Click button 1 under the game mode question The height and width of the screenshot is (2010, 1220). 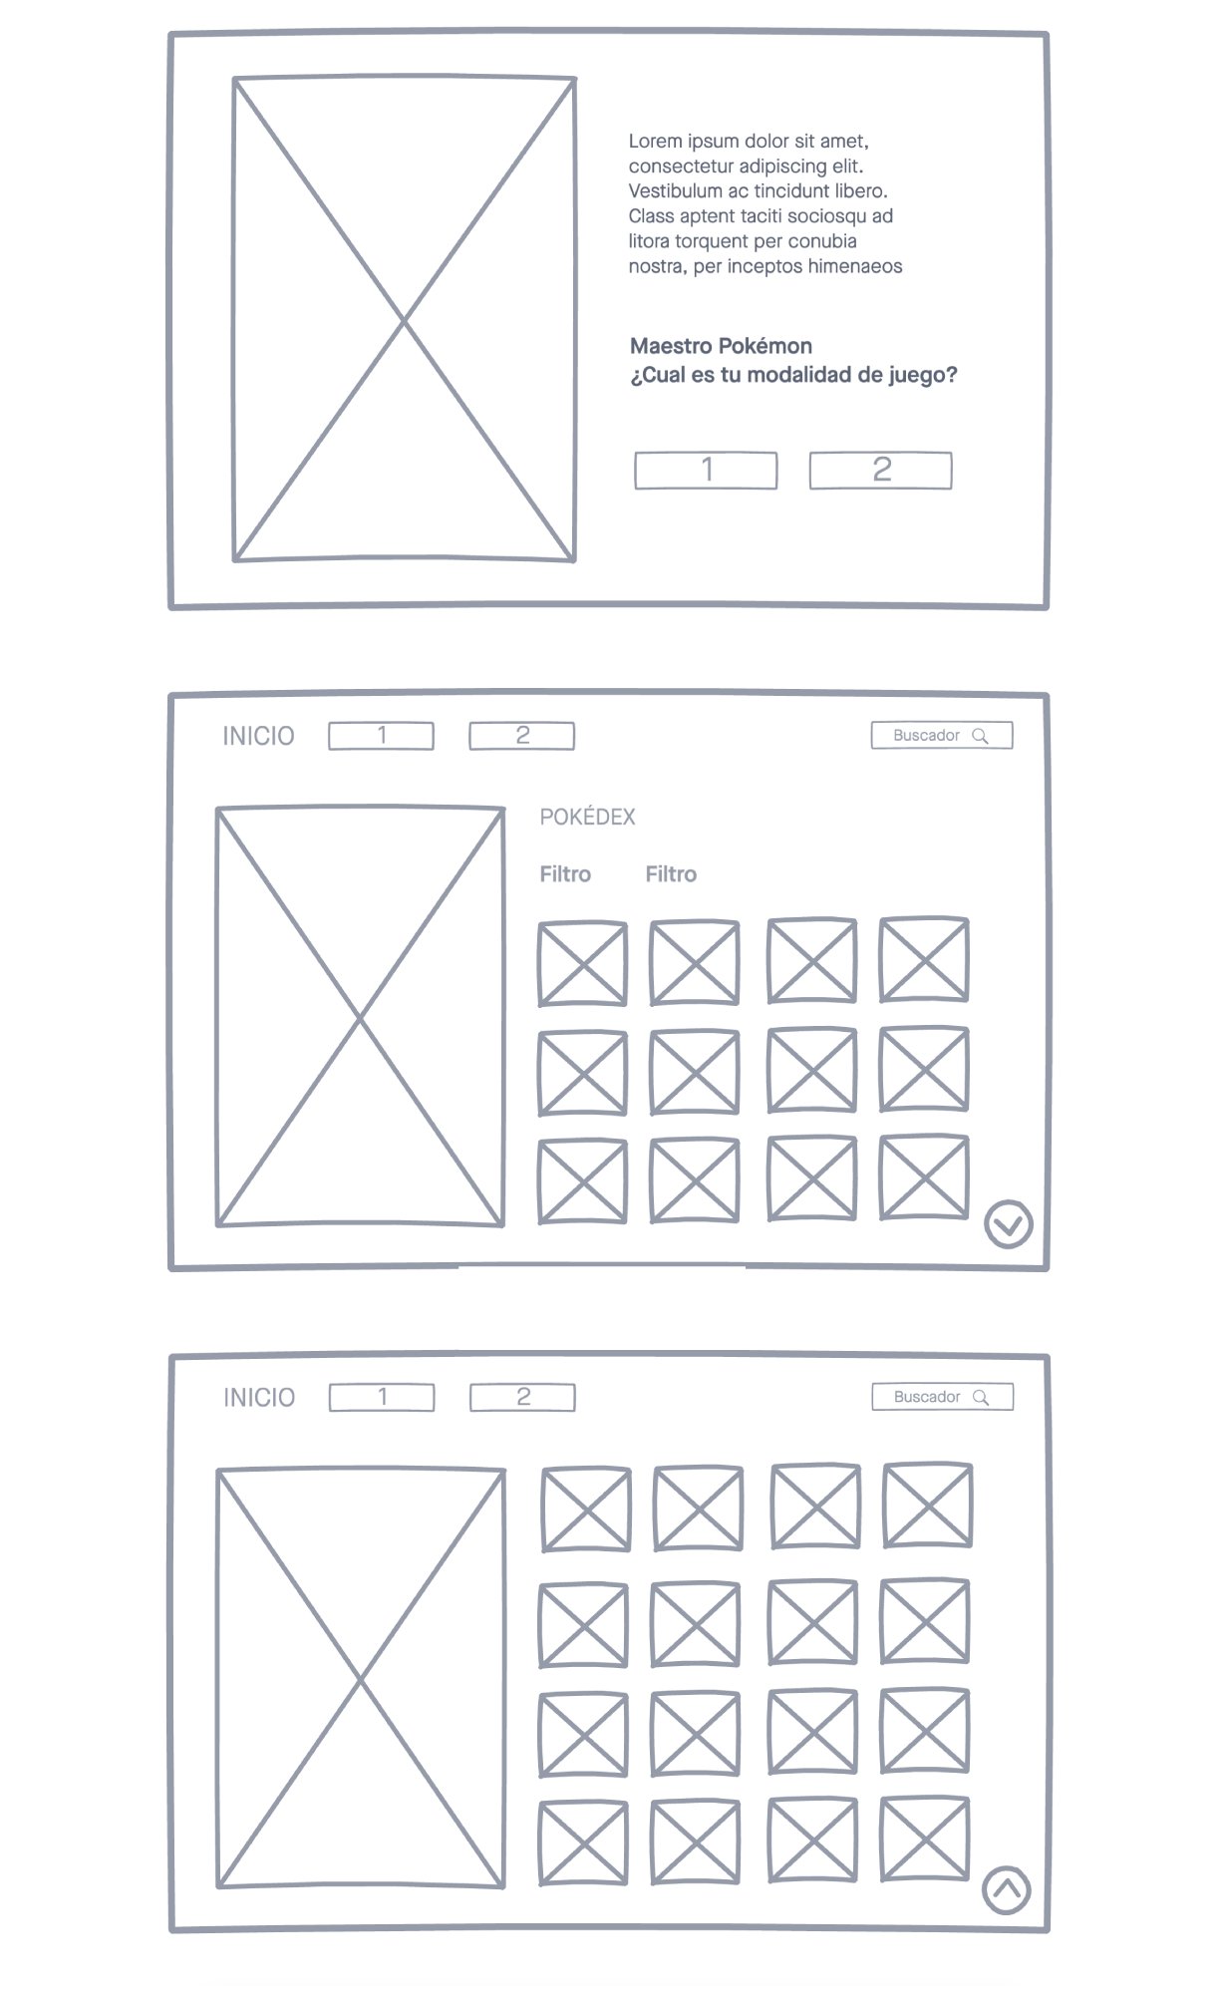pos(706,470)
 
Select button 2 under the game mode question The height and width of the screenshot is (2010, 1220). pos(880,470)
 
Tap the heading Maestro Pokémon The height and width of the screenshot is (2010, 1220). pos(721,346)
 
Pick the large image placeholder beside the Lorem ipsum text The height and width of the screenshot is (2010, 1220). pos(404,319)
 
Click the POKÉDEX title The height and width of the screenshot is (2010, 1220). pos(587,817)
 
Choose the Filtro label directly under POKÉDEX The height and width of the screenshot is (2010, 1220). pos(565,874)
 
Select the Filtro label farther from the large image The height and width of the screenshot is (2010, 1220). pos(671,874)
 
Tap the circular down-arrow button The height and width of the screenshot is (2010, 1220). pos(1008,1223)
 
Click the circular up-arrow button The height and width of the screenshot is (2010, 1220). pos(1007,1889)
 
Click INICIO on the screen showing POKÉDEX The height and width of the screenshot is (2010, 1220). pos(258,736)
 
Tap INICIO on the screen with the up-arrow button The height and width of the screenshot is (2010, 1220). pos(259,1398)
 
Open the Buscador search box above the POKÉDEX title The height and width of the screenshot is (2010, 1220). pos(942,736)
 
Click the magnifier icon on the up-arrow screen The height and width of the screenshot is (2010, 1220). pos(981,1398)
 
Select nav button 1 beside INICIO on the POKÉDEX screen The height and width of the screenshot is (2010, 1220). pos(381,736)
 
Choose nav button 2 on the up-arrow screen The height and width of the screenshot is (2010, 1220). pos(522,1398)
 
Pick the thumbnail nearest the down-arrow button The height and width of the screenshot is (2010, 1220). pos(924,1177)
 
